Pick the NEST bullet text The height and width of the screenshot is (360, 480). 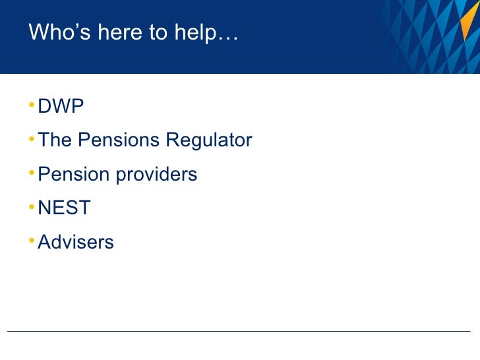click(x=64, y=208)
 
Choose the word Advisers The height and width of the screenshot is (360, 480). click(x=76, y=242)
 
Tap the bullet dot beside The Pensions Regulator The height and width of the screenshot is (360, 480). click(x=33, y=138)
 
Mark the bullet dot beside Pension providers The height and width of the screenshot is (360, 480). click(x=33, y=173)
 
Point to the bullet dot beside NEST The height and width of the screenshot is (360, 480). click(x=33, y=207)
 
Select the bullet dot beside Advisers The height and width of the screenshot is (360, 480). click(x=33, y=241)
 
